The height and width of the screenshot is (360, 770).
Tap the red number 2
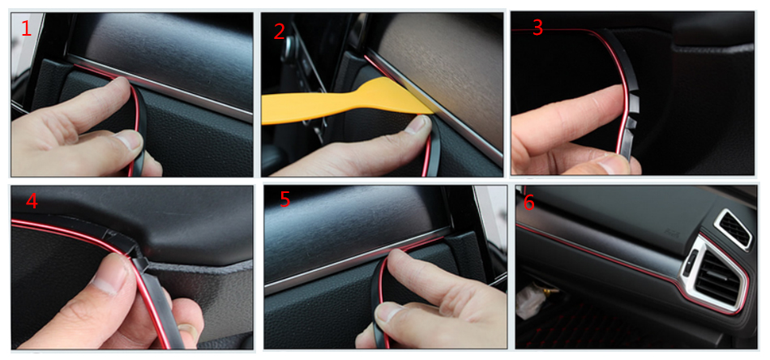coord(279,31)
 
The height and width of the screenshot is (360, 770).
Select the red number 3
coord(537,28)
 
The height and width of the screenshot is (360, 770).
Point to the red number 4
coord(32,200)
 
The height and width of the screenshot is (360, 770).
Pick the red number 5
coord(285,199)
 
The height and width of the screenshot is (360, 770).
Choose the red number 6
coord(529,203)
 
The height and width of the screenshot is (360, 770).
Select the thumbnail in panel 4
coord(105,281)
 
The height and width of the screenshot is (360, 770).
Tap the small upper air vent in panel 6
coord(734,229)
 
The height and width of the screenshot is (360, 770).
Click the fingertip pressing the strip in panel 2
coord(417,124)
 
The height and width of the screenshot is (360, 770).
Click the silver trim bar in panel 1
coord(160,88)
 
